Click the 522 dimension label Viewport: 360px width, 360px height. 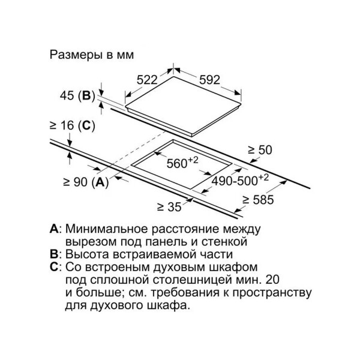tap(147, 80)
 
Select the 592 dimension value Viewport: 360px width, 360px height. tap(209, 80)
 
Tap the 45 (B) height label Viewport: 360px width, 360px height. tap(77, 96)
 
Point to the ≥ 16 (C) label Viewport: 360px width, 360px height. tap(73, 125)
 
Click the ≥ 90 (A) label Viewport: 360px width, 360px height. tap(86, 182)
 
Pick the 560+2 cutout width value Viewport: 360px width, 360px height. tap(182, 163)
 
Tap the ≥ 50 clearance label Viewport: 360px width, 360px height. tap(260, 150)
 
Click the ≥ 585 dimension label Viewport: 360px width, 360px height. tap(258, 200)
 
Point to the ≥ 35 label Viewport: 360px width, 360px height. tap(169, 207)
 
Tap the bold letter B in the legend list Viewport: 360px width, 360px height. tap(54, 254)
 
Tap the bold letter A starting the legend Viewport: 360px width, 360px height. tap(54, 229)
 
